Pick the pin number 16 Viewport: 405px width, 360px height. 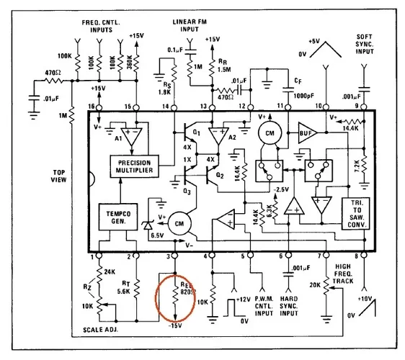click(x=91, y=107)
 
